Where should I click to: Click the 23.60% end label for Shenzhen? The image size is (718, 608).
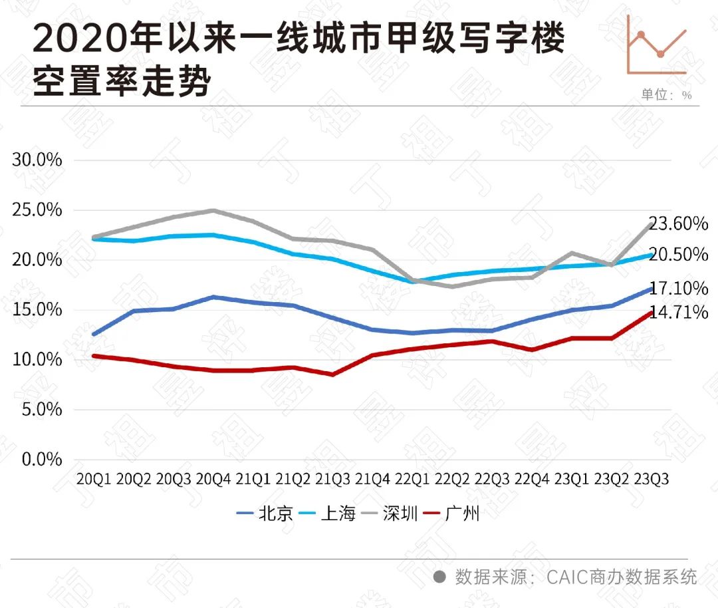(x=678, y=224)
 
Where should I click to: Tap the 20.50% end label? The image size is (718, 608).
(x=678, y=255)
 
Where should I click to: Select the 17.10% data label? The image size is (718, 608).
(x=678, y=289)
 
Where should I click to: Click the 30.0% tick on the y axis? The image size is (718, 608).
(x=37, y=160)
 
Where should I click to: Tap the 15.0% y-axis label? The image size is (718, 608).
(x=37, y=310)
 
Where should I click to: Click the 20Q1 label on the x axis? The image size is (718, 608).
(x=94, y=479)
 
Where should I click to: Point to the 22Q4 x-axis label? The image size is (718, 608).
(x=531, y=479)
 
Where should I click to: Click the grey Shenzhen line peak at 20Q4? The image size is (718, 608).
(x=213, y=210)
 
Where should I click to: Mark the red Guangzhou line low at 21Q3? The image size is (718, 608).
(x=332, y=375)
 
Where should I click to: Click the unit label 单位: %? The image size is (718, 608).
(x=666, y=95)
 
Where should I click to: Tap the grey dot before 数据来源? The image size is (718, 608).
(x=439, y=577)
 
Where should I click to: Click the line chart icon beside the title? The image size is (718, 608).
(x=657, y=45)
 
